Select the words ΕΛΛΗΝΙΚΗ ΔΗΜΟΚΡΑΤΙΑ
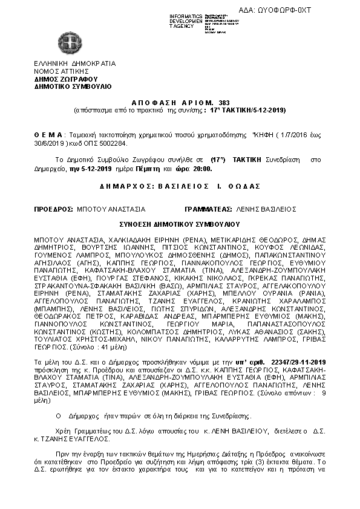click(x=74, y=63)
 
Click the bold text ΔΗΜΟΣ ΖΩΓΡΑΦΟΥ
click(x=66, y=79)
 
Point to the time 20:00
click(x=203, y=169)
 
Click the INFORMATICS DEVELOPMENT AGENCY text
click(x=185, y=21)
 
